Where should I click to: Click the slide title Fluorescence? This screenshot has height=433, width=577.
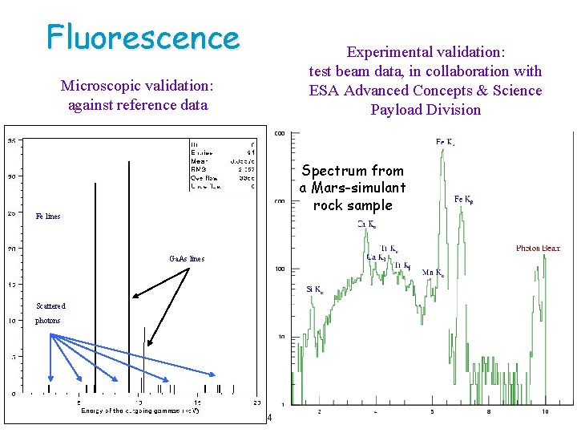143,37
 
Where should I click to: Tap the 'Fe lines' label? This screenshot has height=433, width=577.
48,216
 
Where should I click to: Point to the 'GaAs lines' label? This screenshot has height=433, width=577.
187,259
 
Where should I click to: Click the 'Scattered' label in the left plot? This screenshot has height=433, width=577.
50,306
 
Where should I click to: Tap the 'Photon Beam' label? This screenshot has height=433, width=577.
538,249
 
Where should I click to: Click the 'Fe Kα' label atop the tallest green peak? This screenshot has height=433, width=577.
446,143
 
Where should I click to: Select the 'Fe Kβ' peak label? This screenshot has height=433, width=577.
469,199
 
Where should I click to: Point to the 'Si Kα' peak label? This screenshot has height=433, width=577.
316,289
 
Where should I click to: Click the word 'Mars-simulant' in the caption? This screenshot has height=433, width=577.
353,188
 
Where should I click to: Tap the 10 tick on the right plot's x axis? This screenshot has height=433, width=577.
545,412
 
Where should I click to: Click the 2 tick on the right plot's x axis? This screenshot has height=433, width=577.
320,412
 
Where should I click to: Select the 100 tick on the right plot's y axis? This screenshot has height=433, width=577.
281,269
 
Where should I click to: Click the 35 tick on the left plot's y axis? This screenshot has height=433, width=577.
12,141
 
